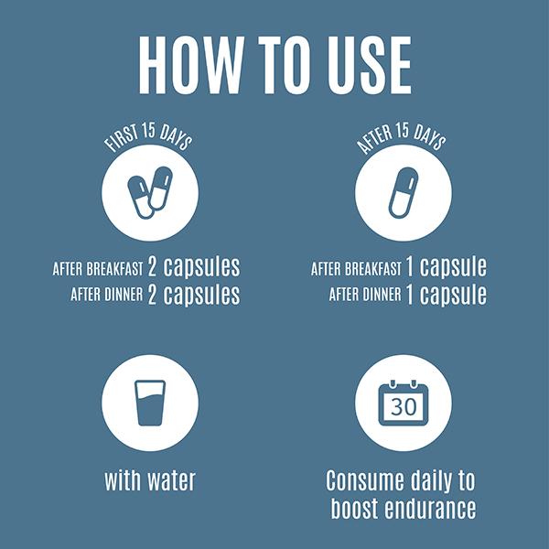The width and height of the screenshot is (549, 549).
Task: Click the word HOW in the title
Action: [x=191, y=65]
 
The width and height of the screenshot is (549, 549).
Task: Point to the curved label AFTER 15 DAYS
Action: [x=402, y=138]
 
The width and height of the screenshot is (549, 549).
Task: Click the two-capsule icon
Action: [x=150, y=192]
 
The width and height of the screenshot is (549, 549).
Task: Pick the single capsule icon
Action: [x=404, y=192]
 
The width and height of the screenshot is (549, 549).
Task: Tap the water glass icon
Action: [x=150, y=403]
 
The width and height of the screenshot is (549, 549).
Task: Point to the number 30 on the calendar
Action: [x=404, y=407]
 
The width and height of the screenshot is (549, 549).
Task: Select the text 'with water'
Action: [x=150, y=480]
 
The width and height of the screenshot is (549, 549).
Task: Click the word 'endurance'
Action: [x=430, y=508]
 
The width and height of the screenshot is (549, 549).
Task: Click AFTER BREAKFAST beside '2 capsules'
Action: [x=98, y=268]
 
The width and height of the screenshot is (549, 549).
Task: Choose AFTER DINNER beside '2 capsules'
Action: [x=107, y=294]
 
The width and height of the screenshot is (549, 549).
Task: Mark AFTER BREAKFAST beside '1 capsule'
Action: [x=356, y=268]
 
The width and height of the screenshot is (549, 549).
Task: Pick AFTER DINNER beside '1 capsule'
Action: [x=365, y=294]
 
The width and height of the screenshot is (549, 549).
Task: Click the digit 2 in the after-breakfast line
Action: [x=152, y=267]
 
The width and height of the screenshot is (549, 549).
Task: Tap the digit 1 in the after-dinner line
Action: [x=409, y=294]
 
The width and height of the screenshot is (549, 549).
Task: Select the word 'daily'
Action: [x=431, y=482]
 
